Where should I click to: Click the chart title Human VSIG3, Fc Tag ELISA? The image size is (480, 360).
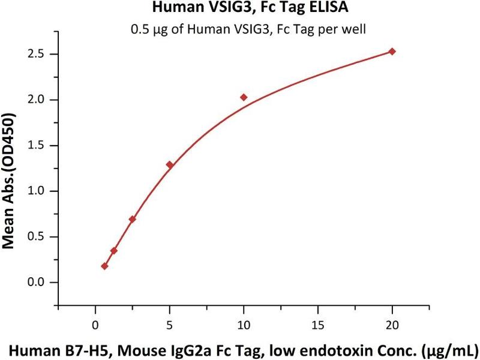click(241, 8)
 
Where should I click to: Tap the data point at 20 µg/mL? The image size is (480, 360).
click(392, 52)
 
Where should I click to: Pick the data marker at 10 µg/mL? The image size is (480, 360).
click(244, 97)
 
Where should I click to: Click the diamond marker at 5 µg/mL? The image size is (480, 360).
click(169, 164)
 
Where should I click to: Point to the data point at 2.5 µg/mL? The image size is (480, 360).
click(132, 219)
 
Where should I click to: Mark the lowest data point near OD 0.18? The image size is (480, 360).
click(104, 266)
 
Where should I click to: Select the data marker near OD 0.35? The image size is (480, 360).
click(113, 250)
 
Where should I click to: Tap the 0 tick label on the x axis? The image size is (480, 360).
click(95, 325)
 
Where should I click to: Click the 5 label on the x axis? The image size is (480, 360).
click(169, 325)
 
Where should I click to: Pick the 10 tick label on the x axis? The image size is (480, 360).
click(244, 325)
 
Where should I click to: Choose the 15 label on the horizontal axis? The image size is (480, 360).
click(318, 325)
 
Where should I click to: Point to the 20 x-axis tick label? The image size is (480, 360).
click(392, 325)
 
